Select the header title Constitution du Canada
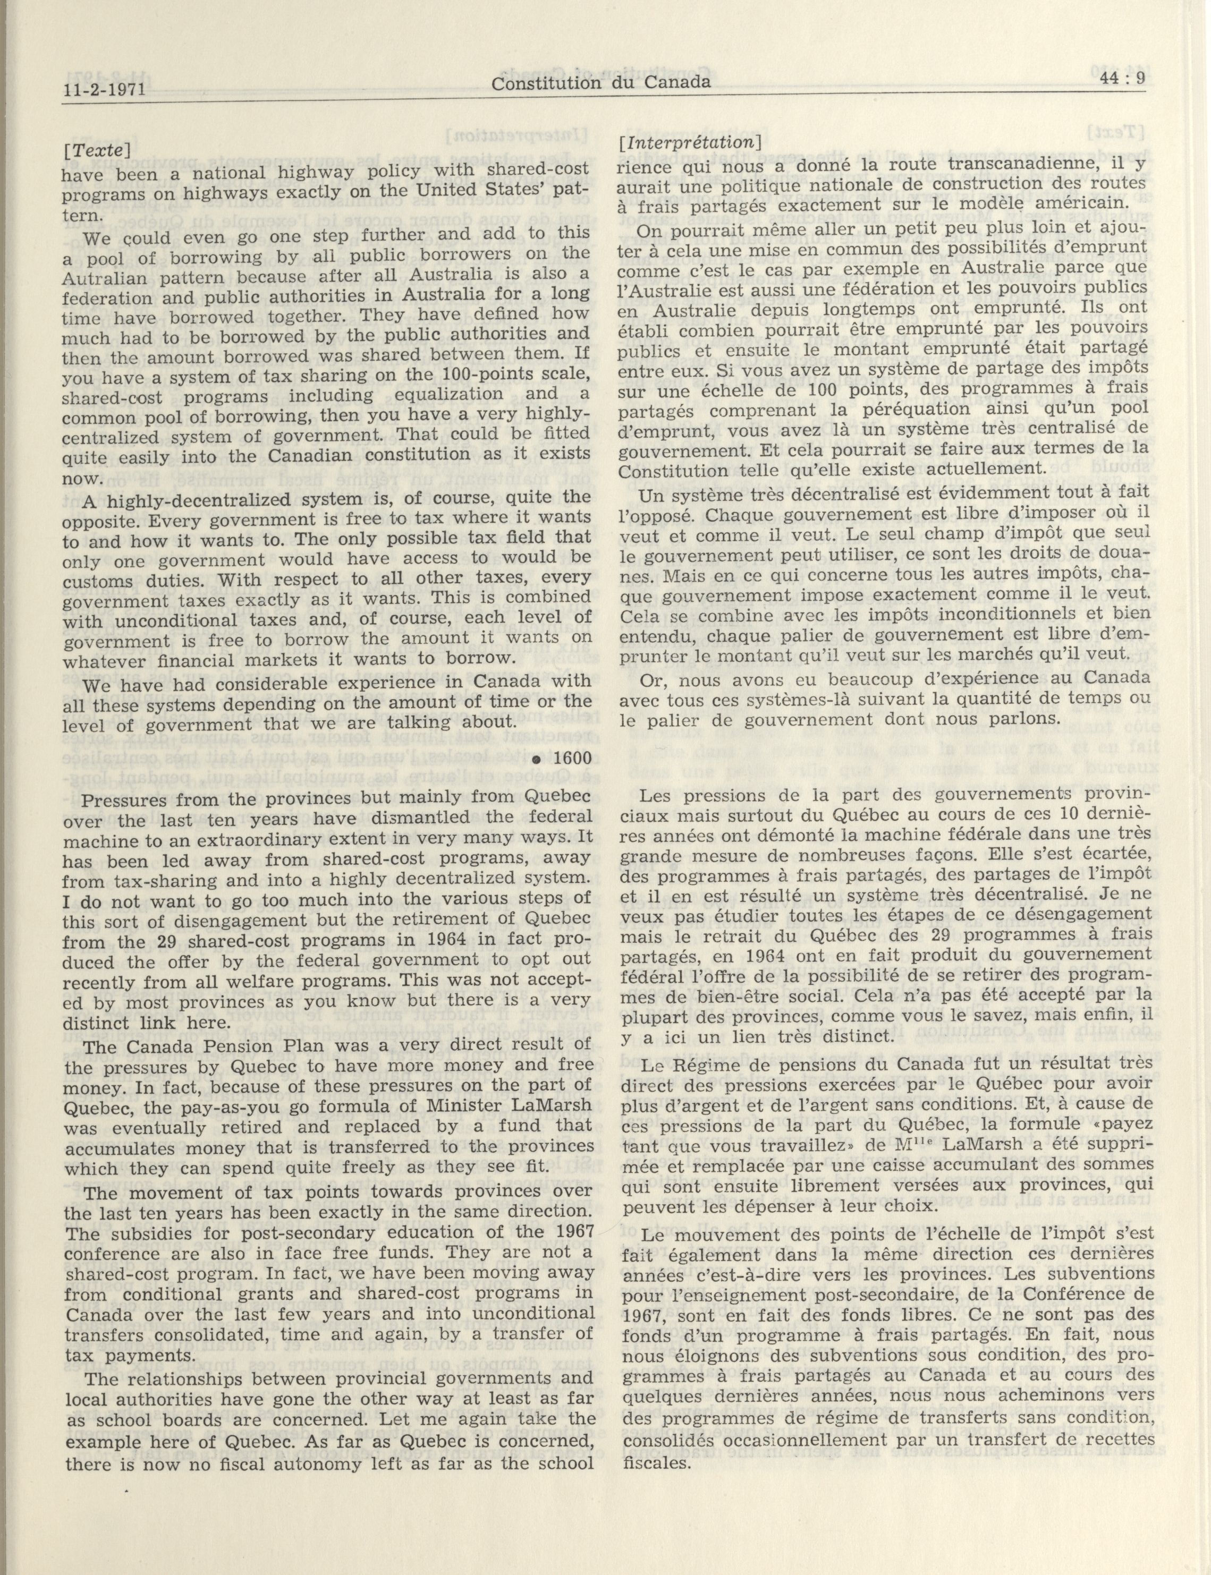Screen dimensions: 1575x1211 pos(600,83)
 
